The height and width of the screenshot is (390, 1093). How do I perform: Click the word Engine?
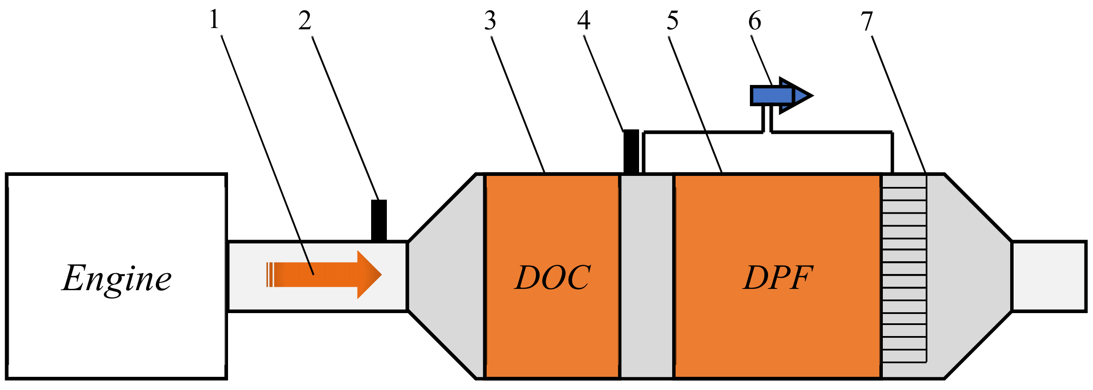(116, 278)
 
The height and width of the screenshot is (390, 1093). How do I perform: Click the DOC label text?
(552, 277)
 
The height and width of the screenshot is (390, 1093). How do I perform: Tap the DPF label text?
(778, 277)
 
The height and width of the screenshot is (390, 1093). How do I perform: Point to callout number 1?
(214, 20)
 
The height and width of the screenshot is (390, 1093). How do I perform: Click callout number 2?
(304, 21)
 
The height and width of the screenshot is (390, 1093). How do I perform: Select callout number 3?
(490, 21)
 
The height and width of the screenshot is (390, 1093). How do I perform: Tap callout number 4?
(584, 20)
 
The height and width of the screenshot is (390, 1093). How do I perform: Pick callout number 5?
(672, 21)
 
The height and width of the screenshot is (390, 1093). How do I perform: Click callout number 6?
(755, 21)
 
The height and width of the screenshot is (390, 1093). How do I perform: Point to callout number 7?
(867, 21)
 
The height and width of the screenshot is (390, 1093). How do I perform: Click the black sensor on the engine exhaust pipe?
(379, 220)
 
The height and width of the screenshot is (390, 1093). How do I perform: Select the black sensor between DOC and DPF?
(631, 151)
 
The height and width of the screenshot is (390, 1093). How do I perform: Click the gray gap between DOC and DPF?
(647, 276)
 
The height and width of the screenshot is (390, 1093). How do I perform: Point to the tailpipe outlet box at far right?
(1049, 276)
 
